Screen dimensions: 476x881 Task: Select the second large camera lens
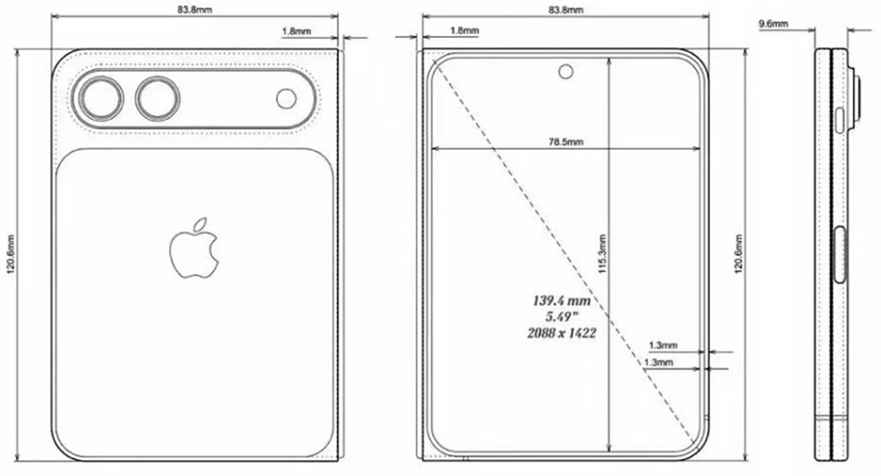click(156, 98)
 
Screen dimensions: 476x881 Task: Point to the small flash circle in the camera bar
click(286, 99)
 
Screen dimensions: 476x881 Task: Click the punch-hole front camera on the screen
click(565, 71)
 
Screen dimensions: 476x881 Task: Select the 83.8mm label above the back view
click(195, 10)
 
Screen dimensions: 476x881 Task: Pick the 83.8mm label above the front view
click(565, 10)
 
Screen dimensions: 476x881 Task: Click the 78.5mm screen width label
click(565, 143)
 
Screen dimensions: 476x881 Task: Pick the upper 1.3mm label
click(662, 346)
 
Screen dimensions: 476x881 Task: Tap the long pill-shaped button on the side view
click(840, 255)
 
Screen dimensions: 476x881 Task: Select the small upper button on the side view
click(840, 118)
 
